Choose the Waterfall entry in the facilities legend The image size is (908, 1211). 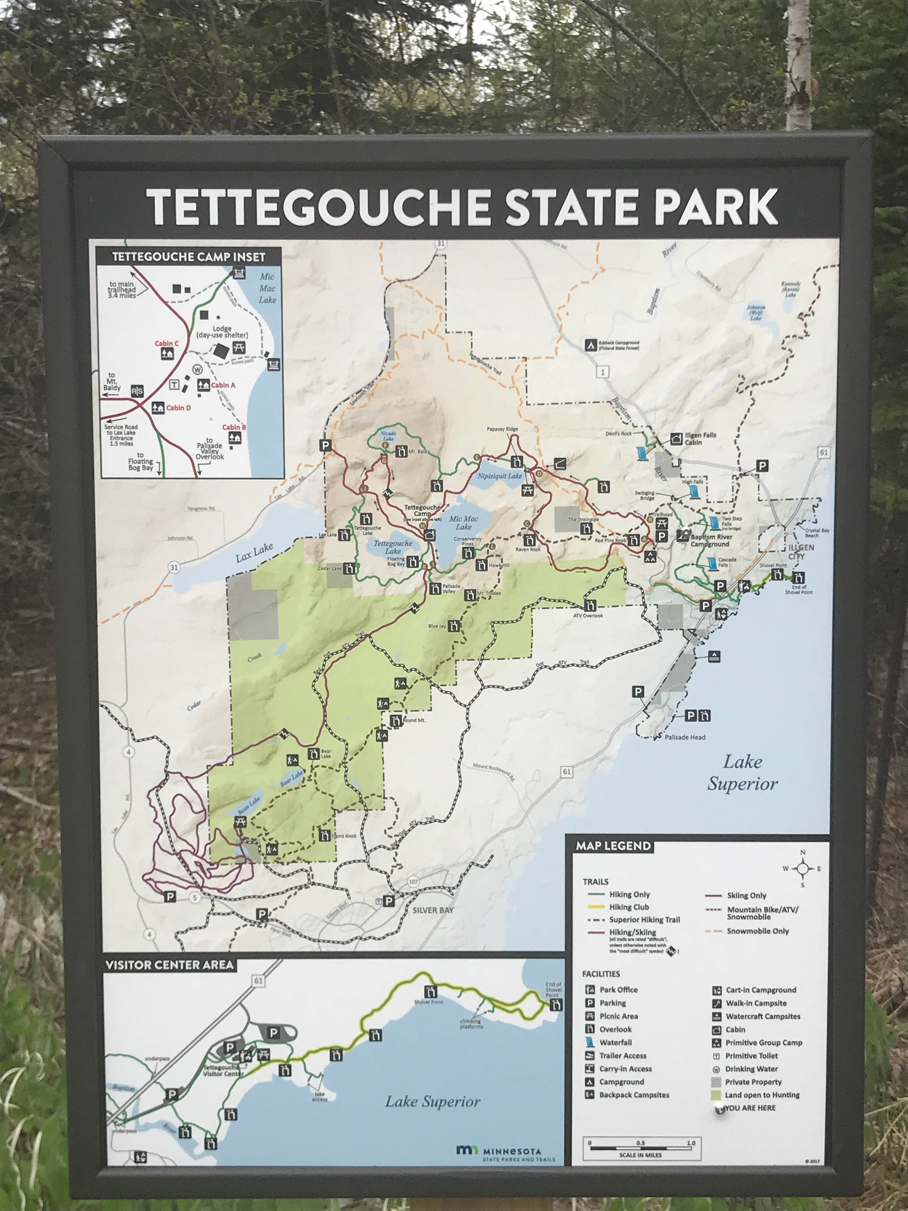click(x=615, y=1043)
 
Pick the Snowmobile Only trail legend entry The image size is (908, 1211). click(x=758, y=931)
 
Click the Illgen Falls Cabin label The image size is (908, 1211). click(x=700, y=439)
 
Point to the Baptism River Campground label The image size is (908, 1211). click(x=710, y=540)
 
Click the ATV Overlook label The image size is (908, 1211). click(x=588, y=615)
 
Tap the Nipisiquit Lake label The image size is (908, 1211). click(x=499, y=476)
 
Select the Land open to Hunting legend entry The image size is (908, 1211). click(x=762, y=1095)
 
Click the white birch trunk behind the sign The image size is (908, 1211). click(x=798, y=66)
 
